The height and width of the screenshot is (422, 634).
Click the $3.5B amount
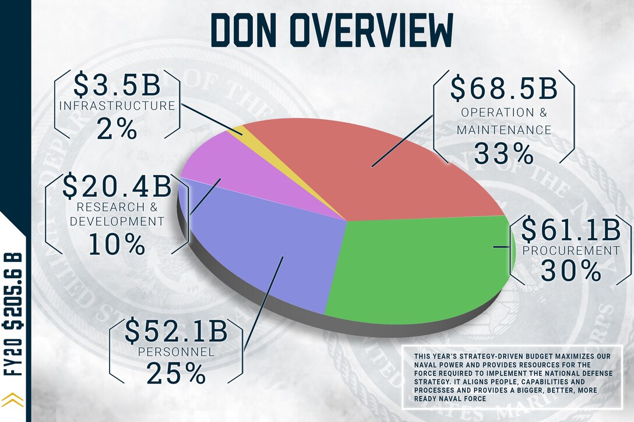pyautogui.click(x=117, y=85)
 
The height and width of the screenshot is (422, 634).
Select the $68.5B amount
pyautogui.click(x=505, y=87)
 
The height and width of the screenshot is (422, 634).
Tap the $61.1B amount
pyautogui.click(x=570, y=230)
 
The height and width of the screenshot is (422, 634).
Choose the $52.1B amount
pyautogui.click(x=177, y=331)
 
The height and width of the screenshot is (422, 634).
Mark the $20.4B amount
pyautogui.click(x=117, y=186)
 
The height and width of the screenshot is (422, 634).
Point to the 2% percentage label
pyautogui.click(x=117, y=129)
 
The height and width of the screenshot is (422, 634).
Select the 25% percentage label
pyautogui.click(x=177, y=374)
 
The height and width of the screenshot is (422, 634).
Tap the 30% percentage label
pyautogui.click(x=570, y=271)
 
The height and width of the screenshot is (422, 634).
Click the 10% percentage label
pyautogui.click(x=117, y=244)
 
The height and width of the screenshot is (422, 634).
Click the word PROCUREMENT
pyautogui.click(x=571, y=251)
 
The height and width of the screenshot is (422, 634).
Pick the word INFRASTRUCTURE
pyautogui.click(x=117, y=106)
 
